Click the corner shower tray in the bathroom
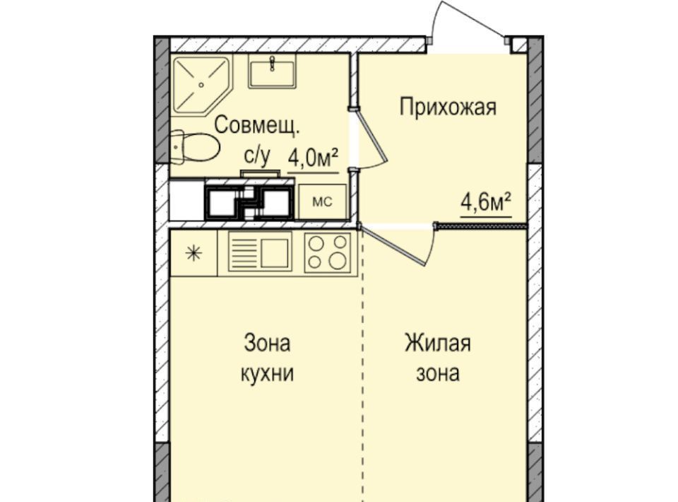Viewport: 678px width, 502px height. [201, 86]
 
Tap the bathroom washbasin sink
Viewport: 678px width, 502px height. [271, 72]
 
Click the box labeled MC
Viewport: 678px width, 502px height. [323, 202]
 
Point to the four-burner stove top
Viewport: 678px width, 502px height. [327, 252]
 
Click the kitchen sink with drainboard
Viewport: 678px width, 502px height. [261, 252]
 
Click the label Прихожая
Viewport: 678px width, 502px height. [448, 107]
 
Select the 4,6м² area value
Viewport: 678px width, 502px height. [486, 202]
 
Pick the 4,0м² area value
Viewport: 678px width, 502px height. [313, 159]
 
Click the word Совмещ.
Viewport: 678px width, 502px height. [256, 126]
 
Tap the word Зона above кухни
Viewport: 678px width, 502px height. [267, 343]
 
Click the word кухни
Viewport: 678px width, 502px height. [267, 373]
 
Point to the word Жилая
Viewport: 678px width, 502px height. [438, 343]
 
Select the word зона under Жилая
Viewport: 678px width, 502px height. [438, 374]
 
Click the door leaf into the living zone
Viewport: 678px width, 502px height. [392, 245]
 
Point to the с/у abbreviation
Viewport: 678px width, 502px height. [257, 156]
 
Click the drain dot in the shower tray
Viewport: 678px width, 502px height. [201, 86]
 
